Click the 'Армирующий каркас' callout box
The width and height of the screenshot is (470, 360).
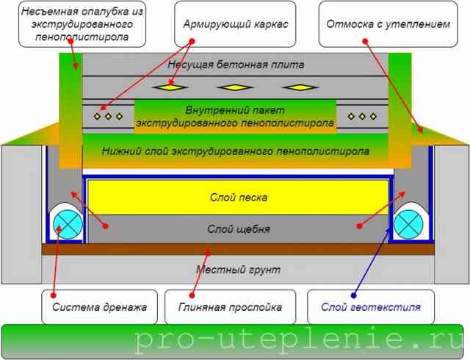pyautogui.click(x=235, y=24)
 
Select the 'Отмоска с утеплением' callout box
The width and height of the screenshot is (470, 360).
pyautogui.click(x=388, y=24)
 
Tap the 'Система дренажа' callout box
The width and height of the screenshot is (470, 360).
pyautogui.click(x=99, y=306)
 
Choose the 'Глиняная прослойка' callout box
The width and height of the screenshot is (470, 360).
pyautogui.click(x=230, y=306)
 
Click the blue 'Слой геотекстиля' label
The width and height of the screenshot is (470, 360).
pyautogui.click(x=371, y=307)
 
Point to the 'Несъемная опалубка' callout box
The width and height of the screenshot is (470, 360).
pyautogui.click(x=82, y=24)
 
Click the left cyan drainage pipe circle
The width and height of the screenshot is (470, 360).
pyautogui.click(x=68, y=224)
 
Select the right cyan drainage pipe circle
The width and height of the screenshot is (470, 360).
pyautogui.click(x=408, y=224)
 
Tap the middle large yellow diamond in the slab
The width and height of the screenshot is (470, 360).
pyautogui.click(x=235, y=87)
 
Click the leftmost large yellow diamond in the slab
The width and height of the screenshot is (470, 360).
pyautogui.click(x=170, y=87)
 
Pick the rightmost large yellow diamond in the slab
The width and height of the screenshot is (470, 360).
pyautogui.click(x=300, y=87)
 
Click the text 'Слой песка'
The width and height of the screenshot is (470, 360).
pyautogui.click(x=238, y=198)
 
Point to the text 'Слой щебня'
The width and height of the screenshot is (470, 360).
pyautogui.click(x=238, y=229)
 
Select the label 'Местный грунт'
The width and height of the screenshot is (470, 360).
pyautogui.click(x=238, y=270)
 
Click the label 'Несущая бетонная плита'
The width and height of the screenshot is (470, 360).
pyautogui.click(x=236, y=65)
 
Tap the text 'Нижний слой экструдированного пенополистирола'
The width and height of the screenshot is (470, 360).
pyautogui.click(x=235, y=151)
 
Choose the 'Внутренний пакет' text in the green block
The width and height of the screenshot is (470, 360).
pyautogui.click(x=235, y=110)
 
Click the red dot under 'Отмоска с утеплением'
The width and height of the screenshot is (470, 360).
pyautogui.click(x=365, y=41)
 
